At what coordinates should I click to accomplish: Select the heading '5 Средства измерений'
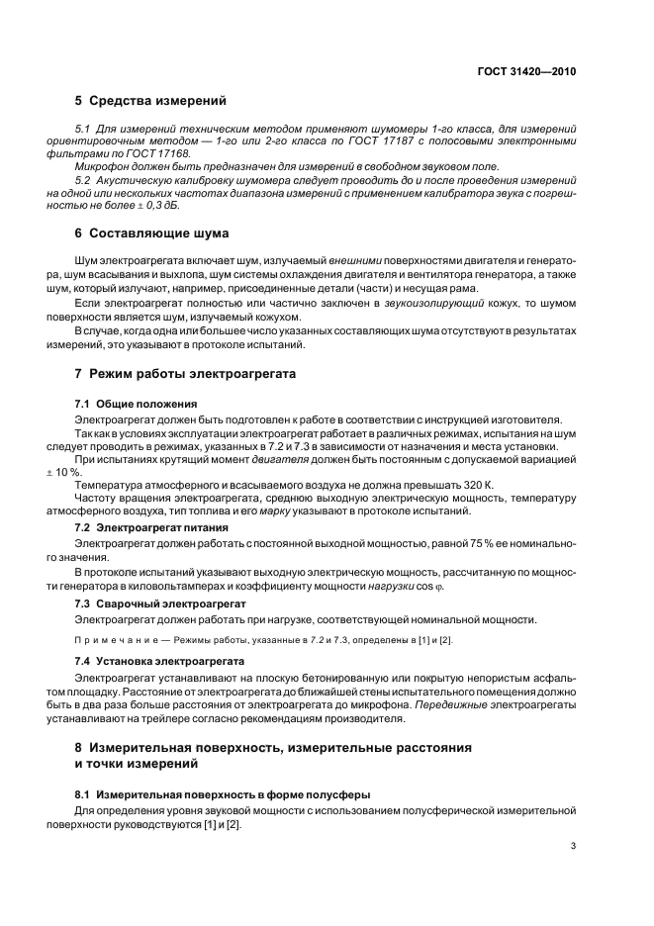click(150, 101)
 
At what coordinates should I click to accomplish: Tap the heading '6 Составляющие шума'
click(151, 233)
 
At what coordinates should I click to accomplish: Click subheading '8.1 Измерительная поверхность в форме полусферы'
click(223, 795)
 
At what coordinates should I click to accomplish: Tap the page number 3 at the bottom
click(574, 846)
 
